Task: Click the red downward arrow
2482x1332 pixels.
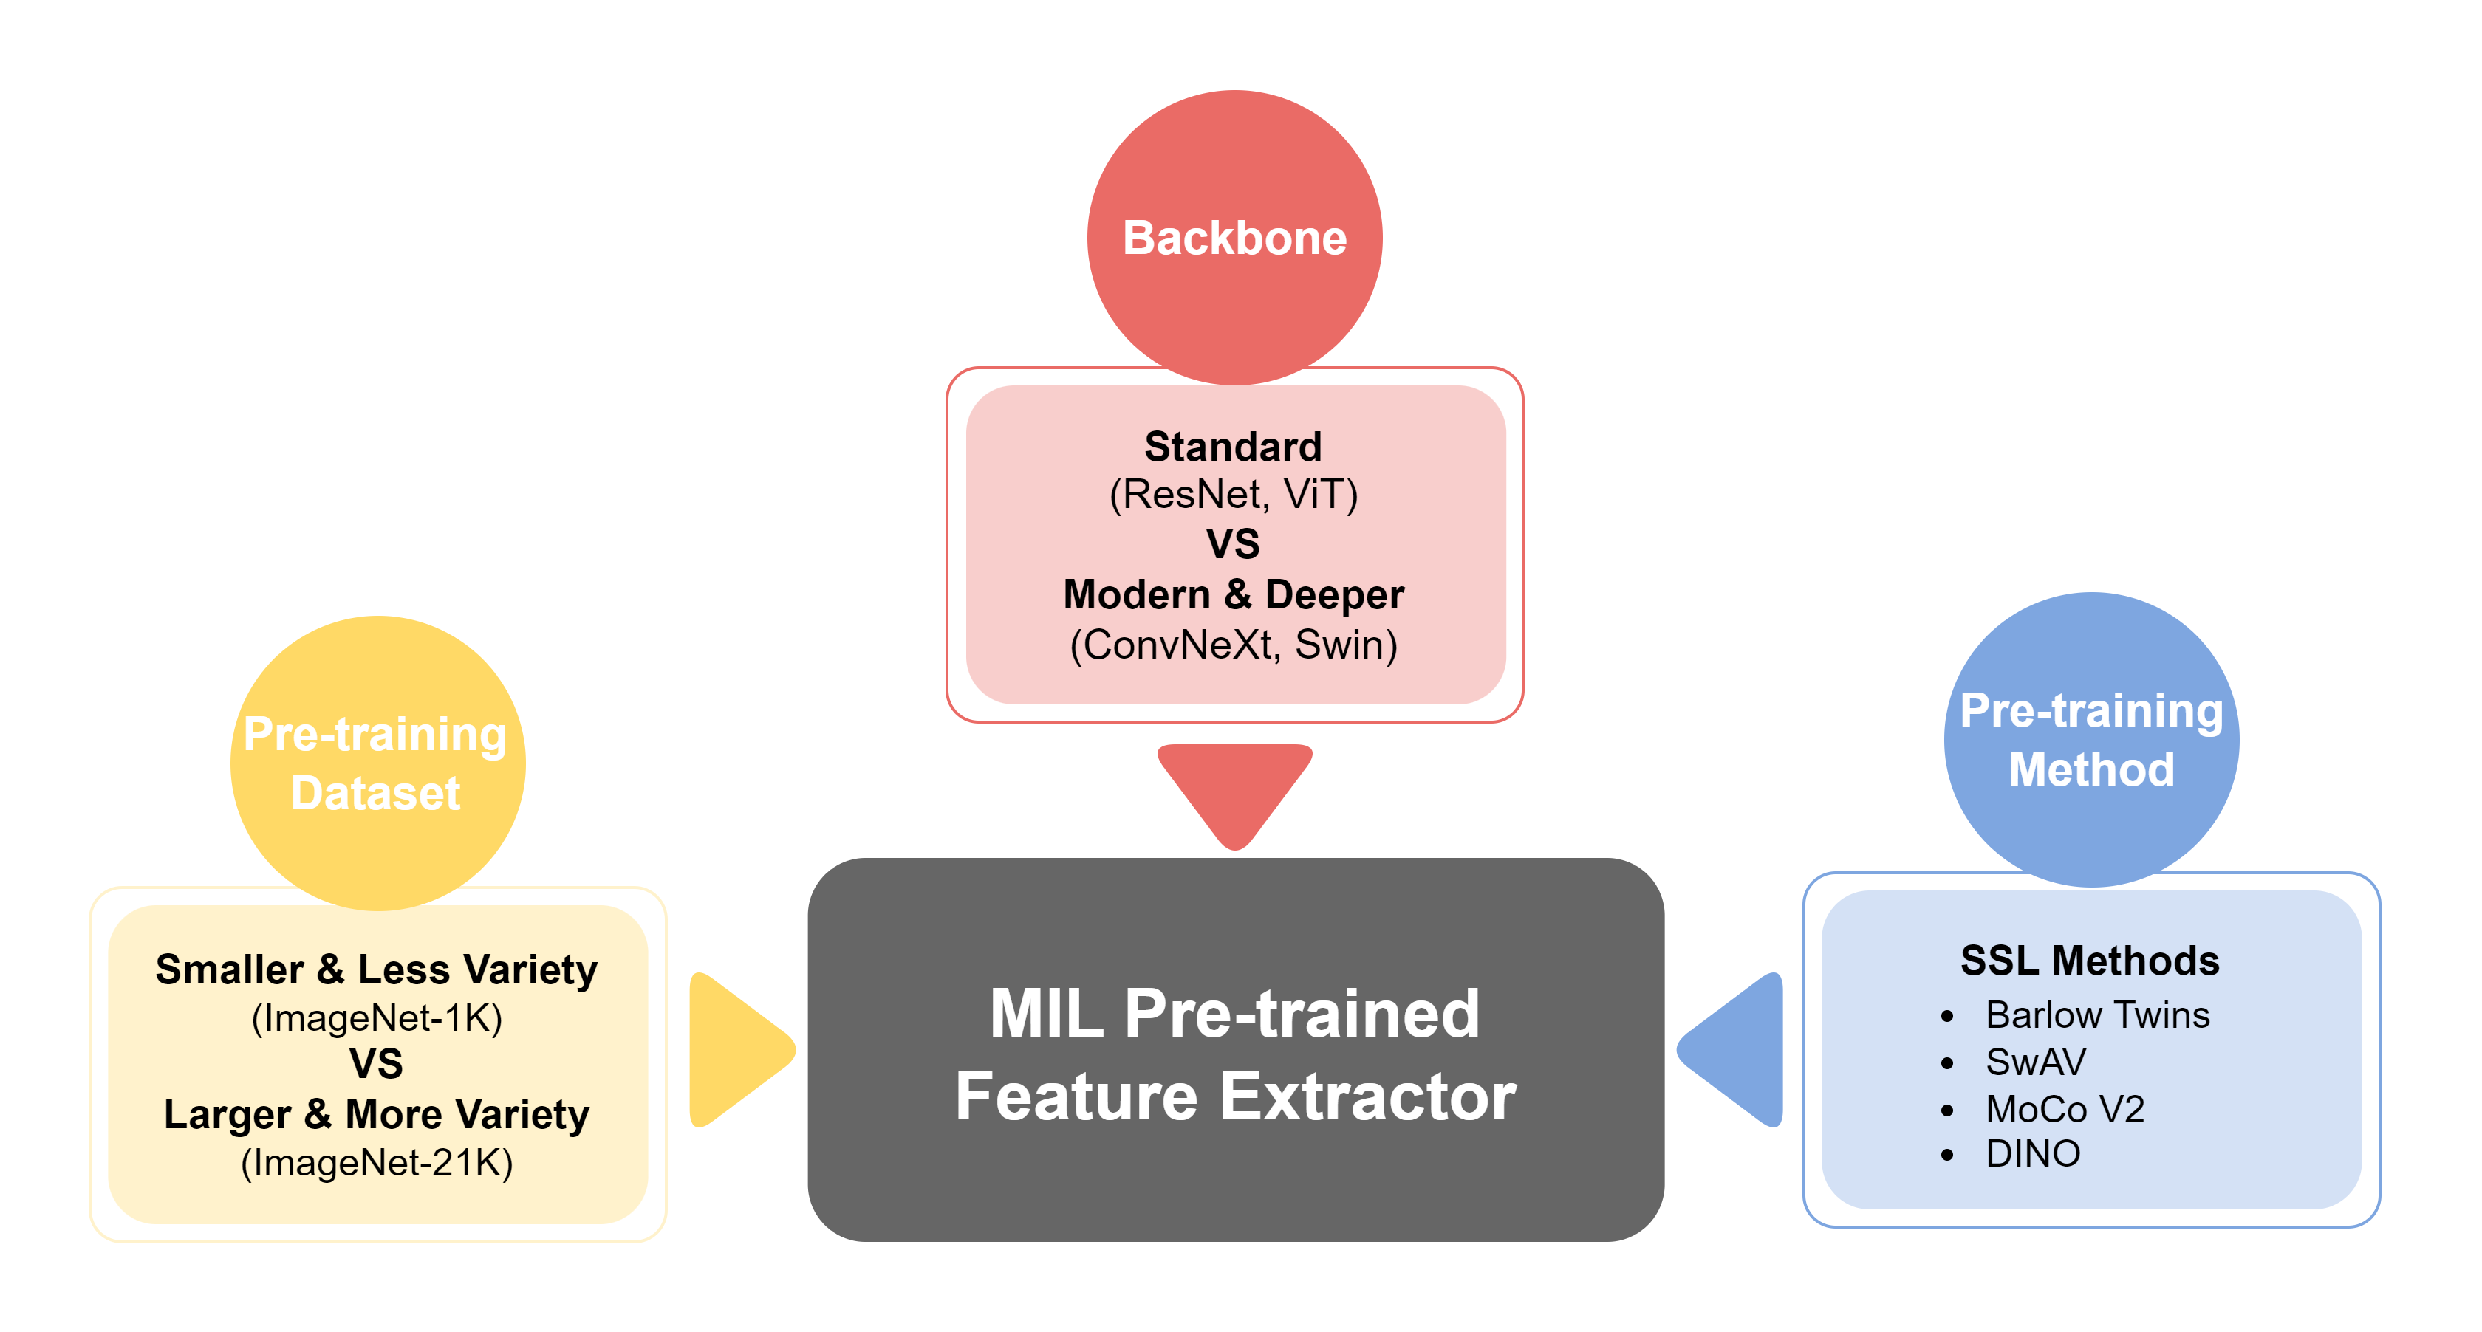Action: (x=1234, y=790)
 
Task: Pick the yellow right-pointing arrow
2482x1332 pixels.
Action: (x=737, y=1049)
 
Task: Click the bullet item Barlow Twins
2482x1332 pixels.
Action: (x=2096, y=1015)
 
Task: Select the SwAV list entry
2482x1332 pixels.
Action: (x=2035, y=1062)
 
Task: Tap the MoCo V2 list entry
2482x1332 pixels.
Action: (x=2065, y=1110)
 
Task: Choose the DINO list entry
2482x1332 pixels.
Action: (x=2033, y=1154)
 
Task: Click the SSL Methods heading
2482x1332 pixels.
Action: (x=2090, y=961)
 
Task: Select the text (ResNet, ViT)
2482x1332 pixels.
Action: (x=1234, y=495)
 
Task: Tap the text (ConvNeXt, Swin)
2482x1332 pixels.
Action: (x=1234, y=645)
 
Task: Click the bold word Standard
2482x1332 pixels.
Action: (x=1234, y=447)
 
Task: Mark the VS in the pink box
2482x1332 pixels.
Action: (x=1234, y=544)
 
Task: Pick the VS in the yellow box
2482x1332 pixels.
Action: (x=377, y=1064)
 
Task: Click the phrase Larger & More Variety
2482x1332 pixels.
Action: (x=377, y=1114)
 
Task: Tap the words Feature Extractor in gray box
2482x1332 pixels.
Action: (x=1235, y=1097)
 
